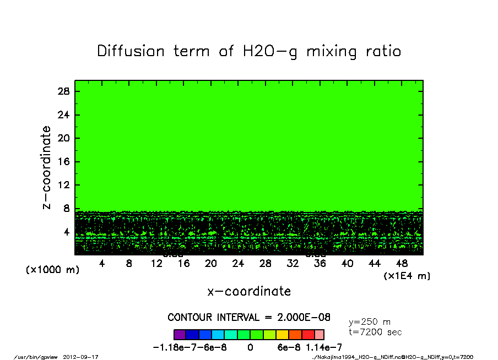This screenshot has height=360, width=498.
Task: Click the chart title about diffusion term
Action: pyautogui.click(x=249, y=51)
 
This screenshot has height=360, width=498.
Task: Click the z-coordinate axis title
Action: pyautogui.click(x=47, y=167)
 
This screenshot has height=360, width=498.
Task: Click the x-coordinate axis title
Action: pyautogui.click(x=249, y=291)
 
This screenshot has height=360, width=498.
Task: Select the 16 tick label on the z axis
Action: pyautogui.click(x=64, y=162)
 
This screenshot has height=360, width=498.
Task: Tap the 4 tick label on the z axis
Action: pyautogui.click(x=67, y=232)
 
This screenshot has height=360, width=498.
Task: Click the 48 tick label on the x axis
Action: pyautogui.click(x=402, y=264)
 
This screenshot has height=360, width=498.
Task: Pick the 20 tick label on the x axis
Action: pyautogui.click(x=211, y=264)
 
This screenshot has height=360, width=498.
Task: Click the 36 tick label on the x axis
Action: pyautogui.click(x=320, y=264)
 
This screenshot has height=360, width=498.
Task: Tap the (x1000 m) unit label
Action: pyautogui.click(x=53, y=270)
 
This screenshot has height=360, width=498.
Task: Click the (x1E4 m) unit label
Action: pyautogui.click(x=407, y=275)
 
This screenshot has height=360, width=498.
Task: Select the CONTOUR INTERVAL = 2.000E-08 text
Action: pyautogui.click(x=249, y=318)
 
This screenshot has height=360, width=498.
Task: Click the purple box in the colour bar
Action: pyautogui.click(x=180, y=334)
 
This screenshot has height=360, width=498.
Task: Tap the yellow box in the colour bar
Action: pyautogui.click(x=281, y=334)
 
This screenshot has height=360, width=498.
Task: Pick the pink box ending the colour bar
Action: pyautogui.click(x=319, y=334)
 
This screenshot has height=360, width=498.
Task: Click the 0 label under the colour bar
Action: pyautogui.click(x=250, y=347)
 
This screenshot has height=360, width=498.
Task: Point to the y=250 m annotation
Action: pyautogui.click(x=370, y=321)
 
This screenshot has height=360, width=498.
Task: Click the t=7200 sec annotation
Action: pyautogui.click(x=375, y=332)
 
